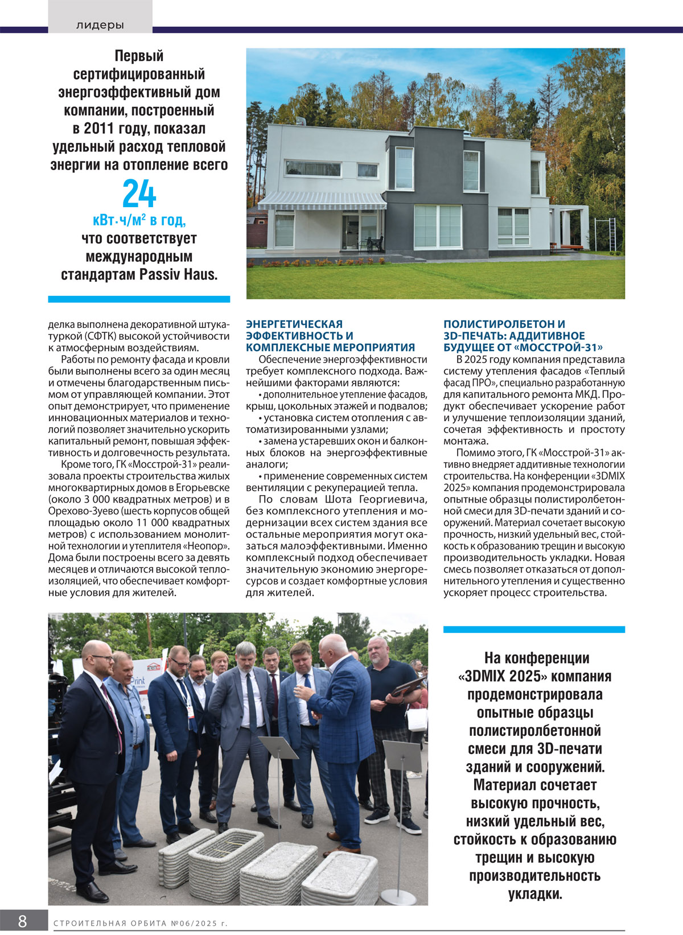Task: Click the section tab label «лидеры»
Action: click(100, 25)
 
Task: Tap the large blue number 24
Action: click(139, 194)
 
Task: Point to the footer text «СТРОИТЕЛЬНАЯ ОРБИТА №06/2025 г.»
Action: click(141, 923)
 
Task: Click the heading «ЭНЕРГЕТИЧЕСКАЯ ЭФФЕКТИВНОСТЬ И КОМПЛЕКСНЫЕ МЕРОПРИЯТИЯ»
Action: click(330, 336)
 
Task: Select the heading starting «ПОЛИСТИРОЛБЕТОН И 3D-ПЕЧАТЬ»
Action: click(523, 336)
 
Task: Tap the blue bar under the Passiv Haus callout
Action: click(139, 299)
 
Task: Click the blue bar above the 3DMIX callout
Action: click(534, 629)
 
